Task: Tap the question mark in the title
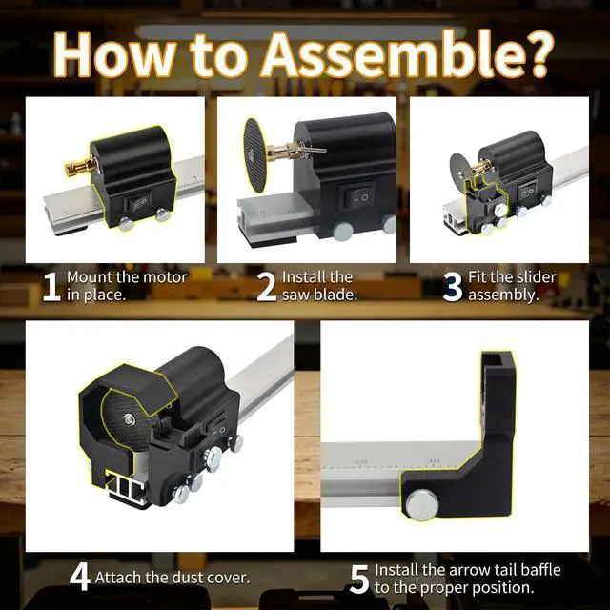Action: [539, 54]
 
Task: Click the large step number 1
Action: [51, 287]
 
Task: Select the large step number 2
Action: [267, 287]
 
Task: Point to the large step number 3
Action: [453, 287]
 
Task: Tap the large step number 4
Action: [80, 577]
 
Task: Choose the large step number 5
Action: [359, 579]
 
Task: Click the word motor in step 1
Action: [165, 277]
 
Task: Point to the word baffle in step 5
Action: [541, 570]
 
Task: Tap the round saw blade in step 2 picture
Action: [255, 155]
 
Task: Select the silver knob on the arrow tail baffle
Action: [422, 505]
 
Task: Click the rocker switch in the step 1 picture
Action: [137, 203]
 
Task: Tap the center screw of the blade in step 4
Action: [130, 418]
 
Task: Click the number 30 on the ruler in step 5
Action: [433, 460]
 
